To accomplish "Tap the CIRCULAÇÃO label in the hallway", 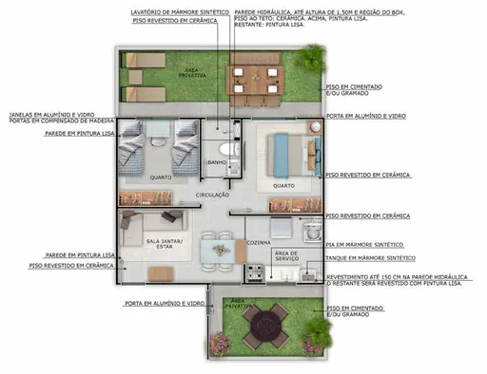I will (213, 195).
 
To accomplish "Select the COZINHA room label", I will (259, 243).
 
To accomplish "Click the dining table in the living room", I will (221, 250).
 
